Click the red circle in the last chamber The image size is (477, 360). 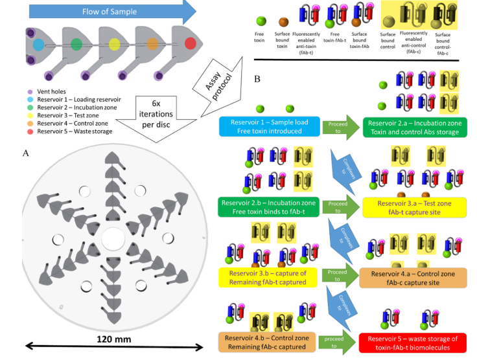[190, 44]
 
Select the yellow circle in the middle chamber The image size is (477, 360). [114, 45]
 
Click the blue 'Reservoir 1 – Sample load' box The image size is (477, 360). [270, 126]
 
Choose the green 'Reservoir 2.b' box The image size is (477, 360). [270, 207]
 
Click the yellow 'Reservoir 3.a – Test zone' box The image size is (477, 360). [413, 207]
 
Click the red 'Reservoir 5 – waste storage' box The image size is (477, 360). [413, 343]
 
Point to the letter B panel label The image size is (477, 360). [257, 80]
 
